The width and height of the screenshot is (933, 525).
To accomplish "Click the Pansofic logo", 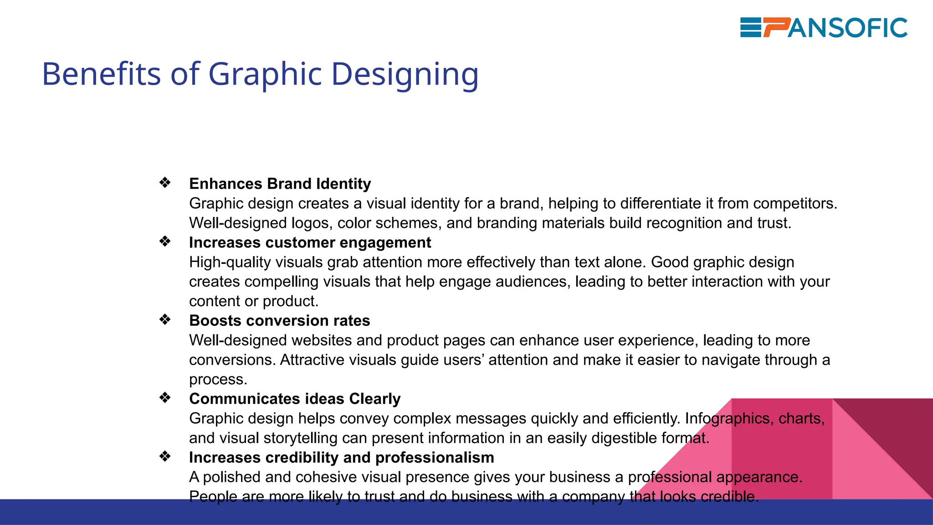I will coord(824,28).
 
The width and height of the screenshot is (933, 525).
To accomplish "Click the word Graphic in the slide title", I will coord(265,74).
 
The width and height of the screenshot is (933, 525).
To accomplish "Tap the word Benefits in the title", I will coord(101,73).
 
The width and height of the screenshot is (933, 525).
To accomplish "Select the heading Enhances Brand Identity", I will coord(280,184).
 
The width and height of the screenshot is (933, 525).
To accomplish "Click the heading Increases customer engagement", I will coord(310,242).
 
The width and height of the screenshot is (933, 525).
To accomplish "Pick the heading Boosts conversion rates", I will coord(279,321).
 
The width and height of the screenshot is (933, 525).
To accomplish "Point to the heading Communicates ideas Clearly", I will coord(295,399).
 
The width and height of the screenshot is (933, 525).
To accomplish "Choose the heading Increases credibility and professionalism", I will coord(341,458).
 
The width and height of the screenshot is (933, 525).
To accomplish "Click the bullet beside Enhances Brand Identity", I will coord(165,183).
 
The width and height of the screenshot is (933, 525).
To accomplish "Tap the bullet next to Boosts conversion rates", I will coord(165,320).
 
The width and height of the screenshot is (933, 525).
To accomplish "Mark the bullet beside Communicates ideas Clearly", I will coord(165,398).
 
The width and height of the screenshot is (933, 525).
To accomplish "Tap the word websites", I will coord(322,340).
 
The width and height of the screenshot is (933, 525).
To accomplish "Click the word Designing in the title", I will coord(405,74).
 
